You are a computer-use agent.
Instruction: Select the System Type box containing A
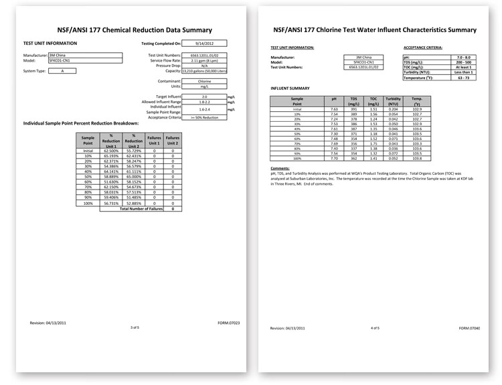pos(62,71)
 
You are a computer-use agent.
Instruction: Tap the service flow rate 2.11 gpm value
pos(204,60)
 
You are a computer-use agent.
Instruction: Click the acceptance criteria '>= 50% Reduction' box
pos(204,117)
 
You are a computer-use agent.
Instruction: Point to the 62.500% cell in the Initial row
pos(110,151)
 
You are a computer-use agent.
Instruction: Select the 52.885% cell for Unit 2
pos(133,203)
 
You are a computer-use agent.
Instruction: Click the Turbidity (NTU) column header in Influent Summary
pos(393,101)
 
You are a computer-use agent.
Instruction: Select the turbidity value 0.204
pos(393,109)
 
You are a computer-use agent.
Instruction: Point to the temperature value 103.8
pos(417,157)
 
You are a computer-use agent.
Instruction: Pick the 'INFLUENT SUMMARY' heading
pos(290,88)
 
